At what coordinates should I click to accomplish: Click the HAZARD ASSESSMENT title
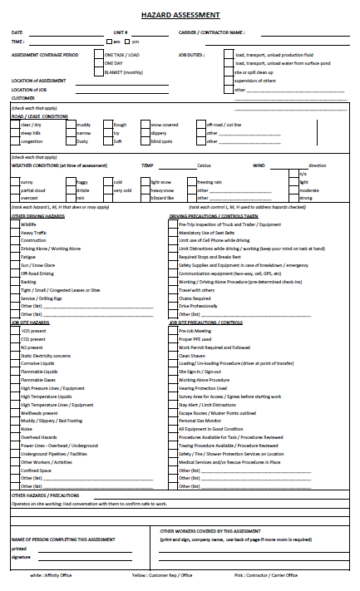[180, 15]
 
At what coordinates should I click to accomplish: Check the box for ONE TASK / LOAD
[101, 55]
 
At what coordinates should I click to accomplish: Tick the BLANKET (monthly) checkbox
[101, 72]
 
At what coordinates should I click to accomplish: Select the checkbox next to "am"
[108, 42]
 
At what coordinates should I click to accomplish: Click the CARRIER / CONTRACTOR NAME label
[211, 32]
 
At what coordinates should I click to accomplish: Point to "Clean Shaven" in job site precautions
[191, 355]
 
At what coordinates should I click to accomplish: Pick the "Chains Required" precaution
[195, 298]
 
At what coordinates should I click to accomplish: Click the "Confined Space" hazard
[36, 470]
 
